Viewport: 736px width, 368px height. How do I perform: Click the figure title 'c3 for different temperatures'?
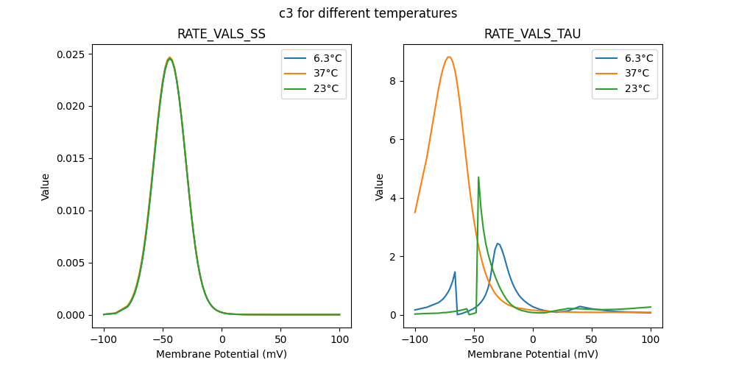coord(368,13)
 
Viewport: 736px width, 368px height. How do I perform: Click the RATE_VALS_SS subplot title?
coord(222,35)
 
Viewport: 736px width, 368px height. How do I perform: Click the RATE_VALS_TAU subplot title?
coord(532,35)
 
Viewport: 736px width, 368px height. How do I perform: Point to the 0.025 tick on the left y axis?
coord(71,54)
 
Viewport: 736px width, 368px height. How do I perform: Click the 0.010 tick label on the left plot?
coord(71,210)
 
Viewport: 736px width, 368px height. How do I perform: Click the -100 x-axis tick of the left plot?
coord(104,339)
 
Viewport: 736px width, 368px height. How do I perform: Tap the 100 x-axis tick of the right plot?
coord(651,339)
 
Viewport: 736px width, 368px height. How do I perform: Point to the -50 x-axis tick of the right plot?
coord(473,339)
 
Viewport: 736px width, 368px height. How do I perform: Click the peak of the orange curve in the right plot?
coord(449,57)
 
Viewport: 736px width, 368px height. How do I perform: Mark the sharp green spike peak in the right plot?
coord(478,177)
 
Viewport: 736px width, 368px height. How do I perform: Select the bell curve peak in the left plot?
coord(170,57)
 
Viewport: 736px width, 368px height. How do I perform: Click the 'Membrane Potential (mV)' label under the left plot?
coord(222,354)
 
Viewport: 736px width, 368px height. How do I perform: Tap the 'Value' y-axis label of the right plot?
coord(380,186)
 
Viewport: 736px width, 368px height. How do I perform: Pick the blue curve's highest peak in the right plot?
coord(498,244)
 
